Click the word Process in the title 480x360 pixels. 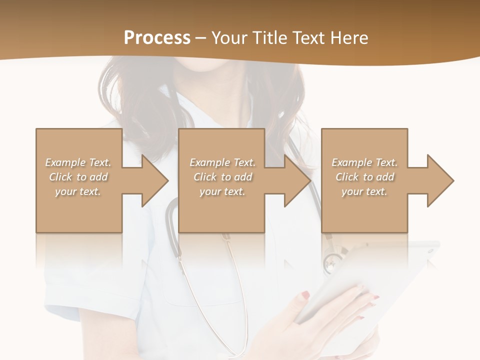coord(157,38)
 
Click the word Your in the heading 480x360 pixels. coord(230,38)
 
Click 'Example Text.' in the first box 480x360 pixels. coord(78,162)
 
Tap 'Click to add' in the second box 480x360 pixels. coord(222,177)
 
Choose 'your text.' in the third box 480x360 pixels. coord(364,191)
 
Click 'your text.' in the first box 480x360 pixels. coord(78,191)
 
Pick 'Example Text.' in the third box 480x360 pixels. coord(364,162)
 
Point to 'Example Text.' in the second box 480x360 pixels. coord(222,162)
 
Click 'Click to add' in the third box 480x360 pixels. coord(364,177)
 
